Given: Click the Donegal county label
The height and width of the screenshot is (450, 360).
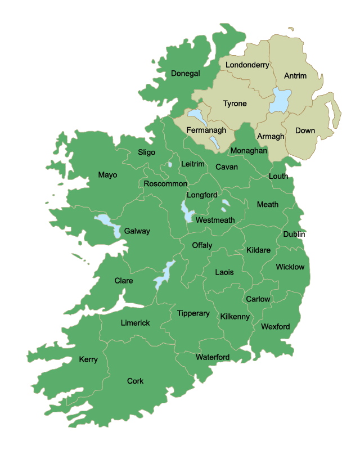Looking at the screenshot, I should tap(186, 74).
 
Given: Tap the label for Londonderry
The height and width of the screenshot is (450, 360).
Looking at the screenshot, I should tap(247, 65).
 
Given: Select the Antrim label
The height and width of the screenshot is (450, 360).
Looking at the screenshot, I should tap(295, 76).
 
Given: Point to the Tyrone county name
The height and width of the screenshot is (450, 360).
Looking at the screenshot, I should tap(235, 103).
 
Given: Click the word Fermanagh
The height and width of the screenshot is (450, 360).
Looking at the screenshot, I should tap(206, 130).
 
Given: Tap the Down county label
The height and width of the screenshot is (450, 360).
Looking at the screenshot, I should tap(305, 130).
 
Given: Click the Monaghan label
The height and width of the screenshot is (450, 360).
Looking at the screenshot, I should tap(249, 151).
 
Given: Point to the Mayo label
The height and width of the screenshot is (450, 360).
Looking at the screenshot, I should tap(107, 175).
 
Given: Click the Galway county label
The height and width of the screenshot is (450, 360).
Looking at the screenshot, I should tap(137, 231).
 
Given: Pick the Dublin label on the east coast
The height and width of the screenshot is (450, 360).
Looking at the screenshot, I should tap(294, 234).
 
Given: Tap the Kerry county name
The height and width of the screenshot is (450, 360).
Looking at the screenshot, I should tap(88, 359).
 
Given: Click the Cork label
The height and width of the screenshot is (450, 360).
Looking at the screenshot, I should tap(135, 381).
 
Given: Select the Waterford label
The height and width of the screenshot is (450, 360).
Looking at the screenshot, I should tap(212, 357).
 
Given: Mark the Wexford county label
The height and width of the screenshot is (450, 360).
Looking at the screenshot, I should tap(276, 326).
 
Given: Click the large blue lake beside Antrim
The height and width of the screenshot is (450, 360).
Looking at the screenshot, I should tap(280, 100).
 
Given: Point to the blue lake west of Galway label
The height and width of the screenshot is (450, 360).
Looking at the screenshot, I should tap(107, 223).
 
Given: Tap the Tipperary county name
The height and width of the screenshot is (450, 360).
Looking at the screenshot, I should tap(193, 313).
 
